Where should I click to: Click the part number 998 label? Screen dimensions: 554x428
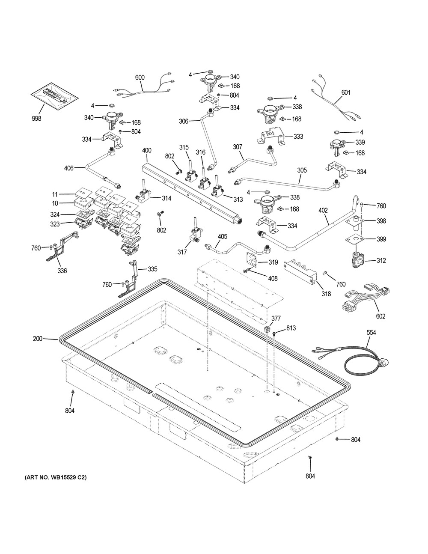pyautogui.click(x=36, y=119)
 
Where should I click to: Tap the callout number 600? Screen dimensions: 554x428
pyautogui.click(x=140, y=77)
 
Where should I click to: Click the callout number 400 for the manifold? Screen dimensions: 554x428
pyautogui.click(x=147, y=151)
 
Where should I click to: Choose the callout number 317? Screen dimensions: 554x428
pyautogui.click(x=182, y=252)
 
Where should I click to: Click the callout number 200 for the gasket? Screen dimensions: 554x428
pyautogui.click(x=38, y=339)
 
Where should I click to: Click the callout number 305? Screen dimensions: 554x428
pyautogui.click(x=302, y=170)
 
